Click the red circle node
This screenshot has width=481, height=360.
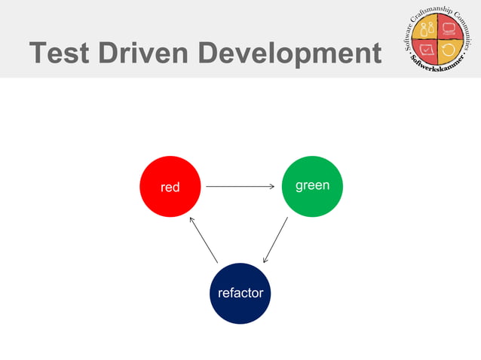170,187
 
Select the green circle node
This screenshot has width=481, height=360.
312,186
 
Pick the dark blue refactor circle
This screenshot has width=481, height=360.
240,293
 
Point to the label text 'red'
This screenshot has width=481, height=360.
170,187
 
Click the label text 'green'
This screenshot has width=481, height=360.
312,185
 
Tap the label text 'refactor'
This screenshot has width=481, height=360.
240,293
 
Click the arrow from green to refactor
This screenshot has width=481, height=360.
275,240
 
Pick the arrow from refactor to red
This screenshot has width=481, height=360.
204,240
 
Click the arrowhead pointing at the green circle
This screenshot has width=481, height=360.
271,186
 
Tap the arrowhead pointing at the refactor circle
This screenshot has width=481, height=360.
265,260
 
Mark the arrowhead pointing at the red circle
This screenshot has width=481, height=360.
192,220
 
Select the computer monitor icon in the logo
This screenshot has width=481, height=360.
450,30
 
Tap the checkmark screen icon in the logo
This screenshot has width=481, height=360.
427,51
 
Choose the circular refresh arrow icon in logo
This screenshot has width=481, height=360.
449,51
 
